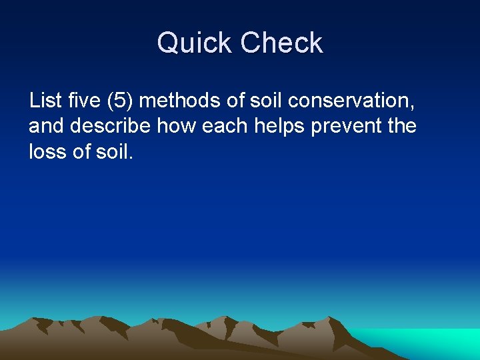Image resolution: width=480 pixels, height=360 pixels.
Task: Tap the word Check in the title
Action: pyautogui.click(x=281, y=44)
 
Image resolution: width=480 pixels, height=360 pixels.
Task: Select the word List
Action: pyautogui.click(x=45, y=101)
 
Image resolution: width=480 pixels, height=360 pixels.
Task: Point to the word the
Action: pyautogui.click(x=401, y=126)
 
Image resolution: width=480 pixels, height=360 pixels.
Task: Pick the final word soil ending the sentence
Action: pyautogui.click(x=115, y=151)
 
